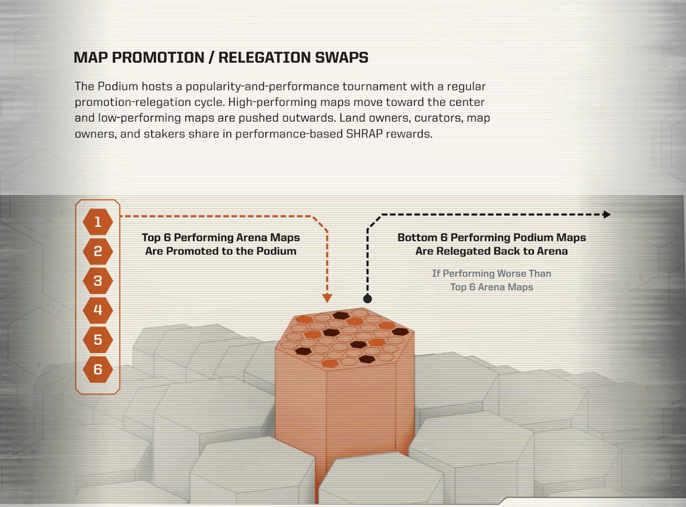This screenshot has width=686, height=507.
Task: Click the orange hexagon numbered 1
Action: coord(98,222)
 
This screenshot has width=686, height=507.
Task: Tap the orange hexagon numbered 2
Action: coord(98,251)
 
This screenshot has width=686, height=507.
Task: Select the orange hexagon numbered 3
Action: coord(98,281)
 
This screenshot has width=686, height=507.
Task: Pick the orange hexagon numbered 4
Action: coord(98,310)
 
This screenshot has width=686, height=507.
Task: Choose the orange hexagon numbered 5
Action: coord(98,340)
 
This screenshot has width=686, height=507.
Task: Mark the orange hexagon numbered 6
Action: coord(98,369)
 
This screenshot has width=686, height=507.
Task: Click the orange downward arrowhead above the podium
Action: coord(327,298)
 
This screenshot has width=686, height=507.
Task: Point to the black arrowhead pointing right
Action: coord(607,214)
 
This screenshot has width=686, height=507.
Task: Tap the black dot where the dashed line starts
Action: coord(367,299)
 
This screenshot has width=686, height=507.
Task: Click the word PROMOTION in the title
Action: coord(158,57)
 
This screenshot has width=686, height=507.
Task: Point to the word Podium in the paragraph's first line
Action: coord(118,86)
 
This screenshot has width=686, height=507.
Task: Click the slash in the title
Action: coord(211,57)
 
